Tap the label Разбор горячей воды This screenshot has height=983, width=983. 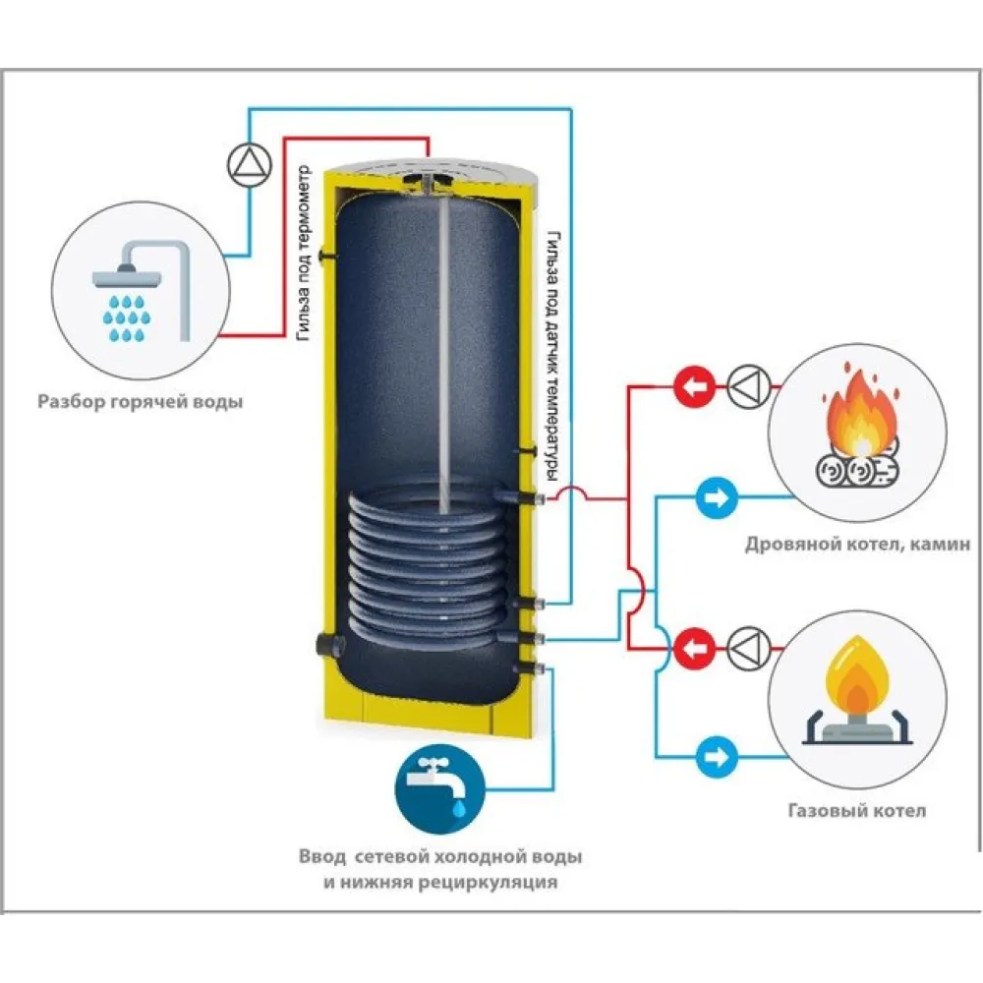click(139, 401)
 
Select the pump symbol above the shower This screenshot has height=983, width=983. click(247, 163)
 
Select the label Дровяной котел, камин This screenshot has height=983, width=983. click(857, 543)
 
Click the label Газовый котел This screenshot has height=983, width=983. click(856, 812)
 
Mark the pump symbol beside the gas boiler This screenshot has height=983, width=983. click(745, 648)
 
